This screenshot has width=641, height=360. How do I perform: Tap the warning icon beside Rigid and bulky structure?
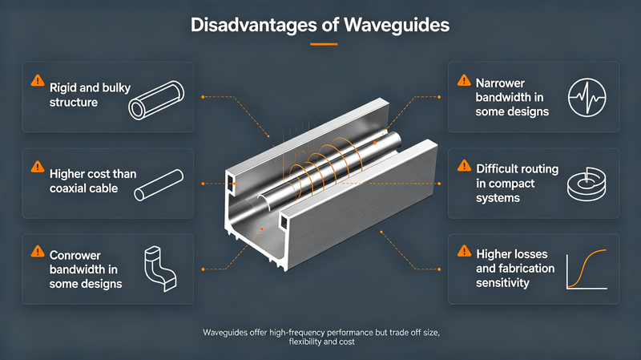coord(38,80)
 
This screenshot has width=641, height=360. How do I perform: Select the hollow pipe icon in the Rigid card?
coord(156,99)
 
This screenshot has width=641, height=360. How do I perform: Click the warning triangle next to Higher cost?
coord(38,167)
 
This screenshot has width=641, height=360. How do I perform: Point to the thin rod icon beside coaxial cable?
coord(159,185)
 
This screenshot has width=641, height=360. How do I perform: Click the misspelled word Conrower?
coord(75,255)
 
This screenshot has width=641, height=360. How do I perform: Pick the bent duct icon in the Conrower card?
coord(160,269)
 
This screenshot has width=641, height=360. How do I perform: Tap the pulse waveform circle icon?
coord(587,97)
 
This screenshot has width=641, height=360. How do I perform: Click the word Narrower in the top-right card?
coord(500,83)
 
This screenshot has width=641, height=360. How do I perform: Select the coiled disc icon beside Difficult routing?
coord(587,184)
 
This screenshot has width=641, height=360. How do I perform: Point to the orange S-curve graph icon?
coord(587,269)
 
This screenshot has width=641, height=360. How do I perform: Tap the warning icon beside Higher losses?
coord(465,251)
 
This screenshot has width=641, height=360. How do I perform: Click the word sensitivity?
coord(502,283)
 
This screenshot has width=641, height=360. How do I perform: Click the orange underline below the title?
coord(324,44)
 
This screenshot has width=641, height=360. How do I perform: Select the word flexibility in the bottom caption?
coord(305,342)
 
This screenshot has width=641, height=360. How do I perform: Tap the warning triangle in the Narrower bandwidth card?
coord(465,80)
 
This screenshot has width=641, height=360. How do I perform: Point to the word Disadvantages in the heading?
coord(253,25)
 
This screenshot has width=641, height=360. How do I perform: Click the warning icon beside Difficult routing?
coord(465,166)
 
